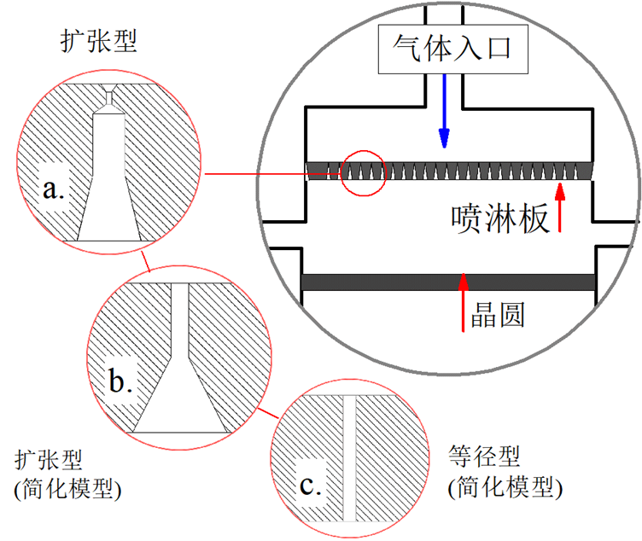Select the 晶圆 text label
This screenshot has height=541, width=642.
497,315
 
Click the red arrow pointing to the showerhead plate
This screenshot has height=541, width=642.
560,206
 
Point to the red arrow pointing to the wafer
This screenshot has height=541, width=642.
464,302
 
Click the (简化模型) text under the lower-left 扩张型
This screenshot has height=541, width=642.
67,490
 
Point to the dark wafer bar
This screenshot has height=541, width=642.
449,282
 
